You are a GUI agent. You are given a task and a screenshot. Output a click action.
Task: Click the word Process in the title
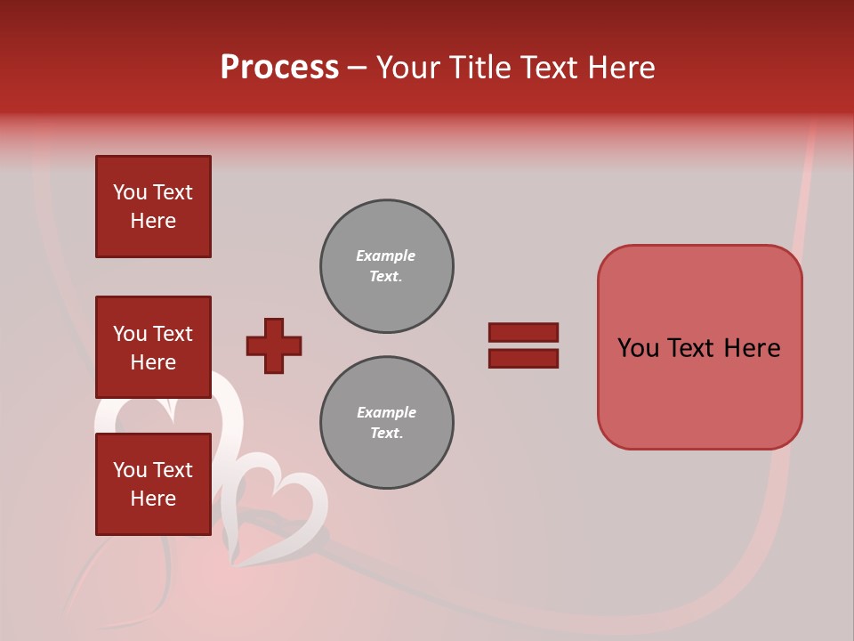tap(279, 68)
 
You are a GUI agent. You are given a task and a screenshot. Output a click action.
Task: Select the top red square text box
tap(153, 207)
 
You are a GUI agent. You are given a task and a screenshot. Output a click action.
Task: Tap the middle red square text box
tap(153, 347)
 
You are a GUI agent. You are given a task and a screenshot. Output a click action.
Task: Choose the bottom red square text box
tap(153, 484)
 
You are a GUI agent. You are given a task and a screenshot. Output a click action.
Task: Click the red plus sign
tap(274, 345)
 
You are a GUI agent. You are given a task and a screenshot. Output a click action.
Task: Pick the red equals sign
tap(523, 345)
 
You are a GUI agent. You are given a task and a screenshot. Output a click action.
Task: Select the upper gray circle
tap(387, 266)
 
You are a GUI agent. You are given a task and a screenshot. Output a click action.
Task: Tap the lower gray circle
tap(387, 423)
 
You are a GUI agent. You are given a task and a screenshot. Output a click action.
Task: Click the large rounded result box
tap(699, 347)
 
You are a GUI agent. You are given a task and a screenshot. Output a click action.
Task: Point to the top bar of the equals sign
tap(523, 332)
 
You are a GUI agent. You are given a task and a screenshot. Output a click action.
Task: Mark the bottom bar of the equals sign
tap(523, 359)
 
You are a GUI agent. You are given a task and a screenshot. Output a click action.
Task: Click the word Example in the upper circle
tap(386, 256)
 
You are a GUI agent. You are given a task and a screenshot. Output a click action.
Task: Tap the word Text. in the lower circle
tap(387, 434)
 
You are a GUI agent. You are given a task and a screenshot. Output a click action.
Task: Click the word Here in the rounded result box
tap(752, 348)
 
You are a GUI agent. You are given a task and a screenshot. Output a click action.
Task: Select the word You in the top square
tap(130, 192)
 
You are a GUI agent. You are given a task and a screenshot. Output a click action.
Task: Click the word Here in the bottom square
tap(153, 499)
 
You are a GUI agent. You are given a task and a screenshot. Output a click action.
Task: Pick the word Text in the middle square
tap(173, 334)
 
